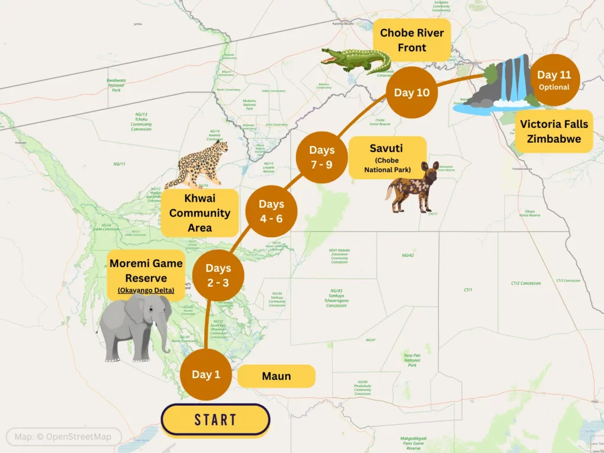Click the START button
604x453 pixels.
pos(215,420)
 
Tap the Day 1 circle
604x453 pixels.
pos(206,375)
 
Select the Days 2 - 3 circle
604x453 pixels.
pos(218,275)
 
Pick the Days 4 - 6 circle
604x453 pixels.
pos(271,211)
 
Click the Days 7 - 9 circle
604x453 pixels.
pos(321,157)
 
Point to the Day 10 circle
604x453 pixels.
pos(412,93)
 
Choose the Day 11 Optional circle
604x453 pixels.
pos(554,80)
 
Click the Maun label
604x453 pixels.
pos(276,376)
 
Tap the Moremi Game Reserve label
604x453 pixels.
pos(146,276)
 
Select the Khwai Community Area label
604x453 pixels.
pos(199,213)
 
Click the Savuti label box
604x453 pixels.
pos(387,157)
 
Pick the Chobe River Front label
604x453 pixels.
pos(412,40)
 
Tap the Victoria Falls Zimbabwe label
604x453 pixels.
pos(553,132)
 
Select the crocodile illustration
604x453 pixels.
pos(356,60)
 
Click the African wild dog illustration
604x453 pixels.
pos(413,188)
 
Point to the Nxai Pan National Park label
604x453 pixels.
pos(412,360)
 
